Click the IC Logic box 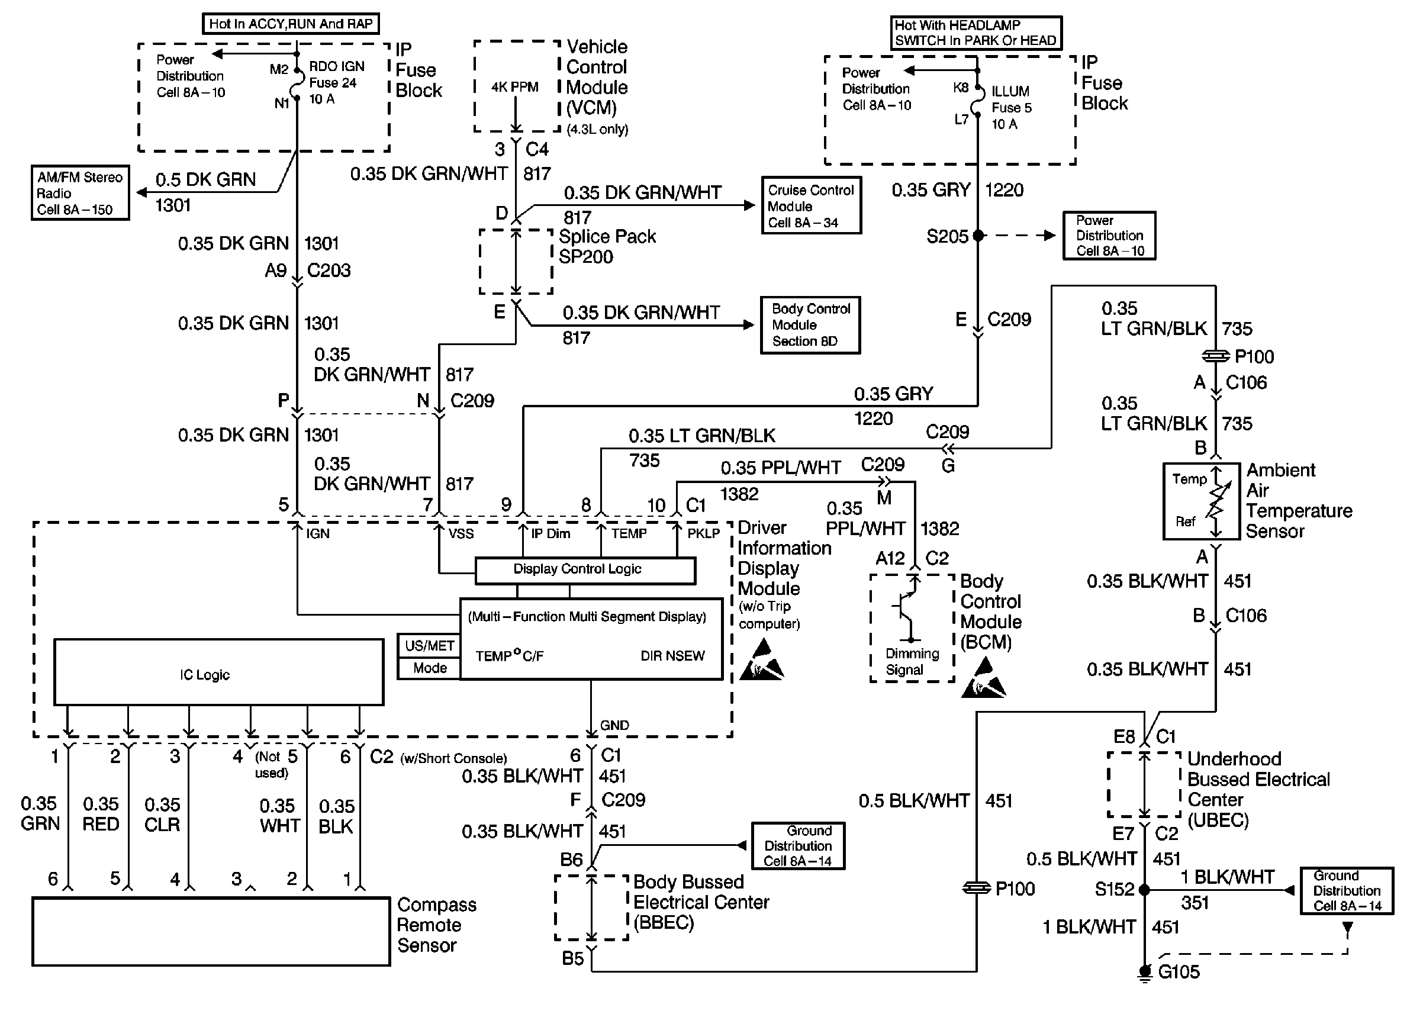[218, 672]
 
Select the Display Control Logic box [585, 570]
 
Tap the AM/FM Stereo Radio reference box [80, 193]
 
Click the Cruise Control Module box [812, 205]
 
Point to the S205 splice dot [978, 236]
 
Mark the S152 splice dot [1144, 889]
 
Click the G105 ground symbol [1144, 973]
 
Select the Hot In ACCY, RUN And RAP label [291, 24]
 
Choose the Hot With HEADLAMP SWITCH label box [976, 33]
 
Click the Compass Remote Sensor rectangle [211, 931]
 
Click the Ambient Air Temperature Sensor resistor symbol [1216, 501]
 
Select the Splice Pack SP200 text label [607, 247]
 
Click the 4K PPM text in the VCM [514, 87]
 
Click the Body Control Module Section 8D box [811, 325]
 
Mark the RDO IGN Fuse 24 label [336, 83]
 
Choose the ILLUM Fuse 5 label [1011, 108]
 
